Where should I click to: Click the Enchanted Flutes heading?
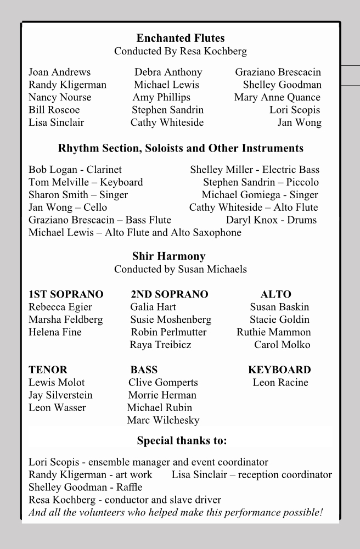pyautogui.click(x=180, y=38)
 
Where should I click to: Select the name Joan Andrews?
pyautogui.click(x=59, y=72)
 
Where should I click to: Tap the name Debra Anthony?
pyautogui.click(x=168, y=72)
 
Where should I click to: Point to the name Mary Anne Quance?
pyautogui.click(x=277, y=98)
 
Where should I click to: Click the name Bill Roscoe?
pyautogui.click(x=54, y=110)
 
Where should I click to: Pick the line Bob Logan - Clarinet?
pyautogui.click(x=75, y=170)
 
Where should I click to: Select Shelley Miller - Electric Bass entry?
pyautogui.click(x=255, y=170)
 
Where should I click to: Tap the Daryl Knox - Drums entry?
pyautogui.click(x=271, y=220)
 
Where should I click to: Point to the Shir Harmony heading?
pyautogui.click(x=168, y=256)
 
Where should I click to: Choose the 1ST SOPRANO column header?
pyautogui.click(x=66, y=295)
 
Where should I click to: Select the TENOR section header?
pyautogui.click(x=48, y=370)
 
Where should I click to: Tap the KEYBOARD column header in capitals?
pyautogui.click(x=279, y=370)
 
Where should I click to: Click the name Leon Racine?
pyautogui.click(x=280, y=383)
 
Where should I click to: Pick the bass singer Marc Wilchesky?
pyautogui.click(x=163, y=421)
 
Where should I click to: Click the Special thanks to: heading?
pyautogui.click(x=182, y=441)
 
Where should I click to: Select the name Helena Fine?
pyautogui.click(x=55, y=333)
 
